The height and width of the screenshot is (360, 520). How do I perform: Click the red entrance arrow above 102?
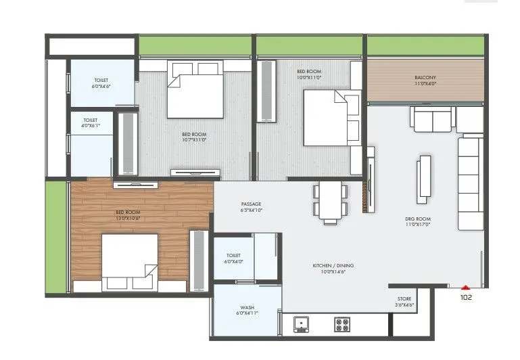click(465, 288)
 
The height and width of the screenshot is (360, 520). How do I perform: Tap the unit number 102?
click(466, 297)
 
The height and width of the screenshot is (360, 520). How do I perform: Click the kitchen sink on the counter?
click(301, 325)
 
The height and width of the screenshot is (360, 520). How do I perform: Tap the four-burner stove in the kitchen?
click(343, 325)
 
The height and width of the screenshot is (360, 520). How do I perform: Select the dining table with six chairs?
click(330, 202)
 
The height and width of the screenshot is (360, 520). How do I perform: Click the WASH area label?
click(247, 309)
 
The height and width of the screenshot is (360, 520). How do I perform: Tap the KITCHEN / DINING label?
click(333, 269)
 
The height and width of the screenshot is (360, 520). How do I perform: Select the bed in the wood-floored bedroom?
click(130, 263)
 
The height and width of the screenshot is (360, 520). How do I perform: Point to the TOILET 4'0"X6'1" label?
click(82, 123)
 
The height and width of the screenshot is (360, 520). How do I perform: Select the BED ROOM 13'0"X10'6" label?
click(127, 215)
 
